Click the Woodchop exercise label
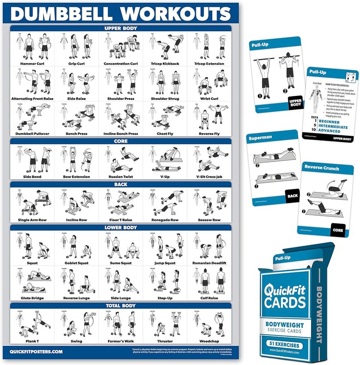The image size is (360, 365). click(209, 340)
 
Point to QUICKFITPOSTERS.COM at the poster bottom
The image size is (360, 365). click(37, 351)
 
